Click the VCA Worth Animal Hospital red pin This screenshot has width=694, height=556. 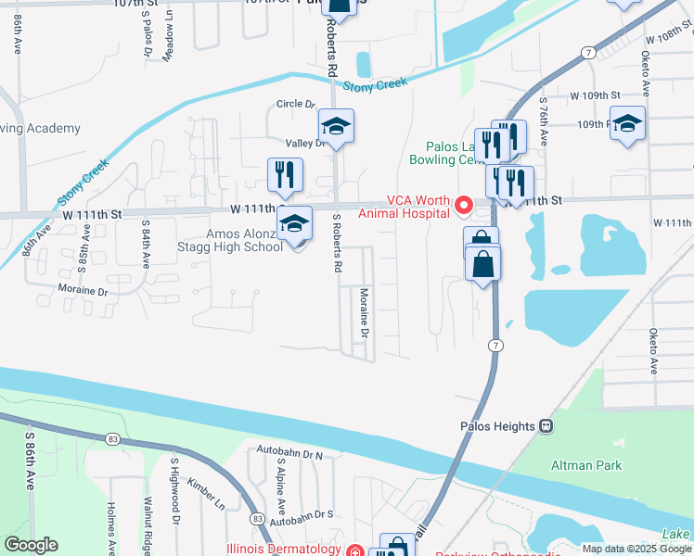(465, 203)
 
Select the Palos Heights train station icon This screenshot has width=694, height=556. (546, 425)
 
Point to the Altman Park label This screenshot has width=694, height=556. (586, 465)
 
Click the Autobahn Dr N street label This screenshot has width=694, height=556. (289, 455)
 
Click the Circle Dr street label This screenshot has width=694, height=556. (295, 104)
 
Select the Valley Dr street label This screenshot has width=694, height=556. (304, 143)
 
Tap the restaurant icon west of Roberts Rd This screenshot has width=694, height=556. (285, 174)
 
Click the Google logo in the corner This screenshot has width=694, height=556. (31, 545)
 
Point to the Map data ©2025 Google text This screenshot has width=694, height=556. (636, 549)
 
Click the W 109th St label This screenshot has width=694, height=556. (594, 95)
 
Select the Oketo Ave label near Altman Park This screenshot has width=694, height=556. (653, 351)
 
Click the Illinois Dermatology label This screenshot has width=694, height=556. (283, 549)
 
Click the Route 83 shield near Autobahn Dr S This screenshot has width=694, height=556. (257, 517)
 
